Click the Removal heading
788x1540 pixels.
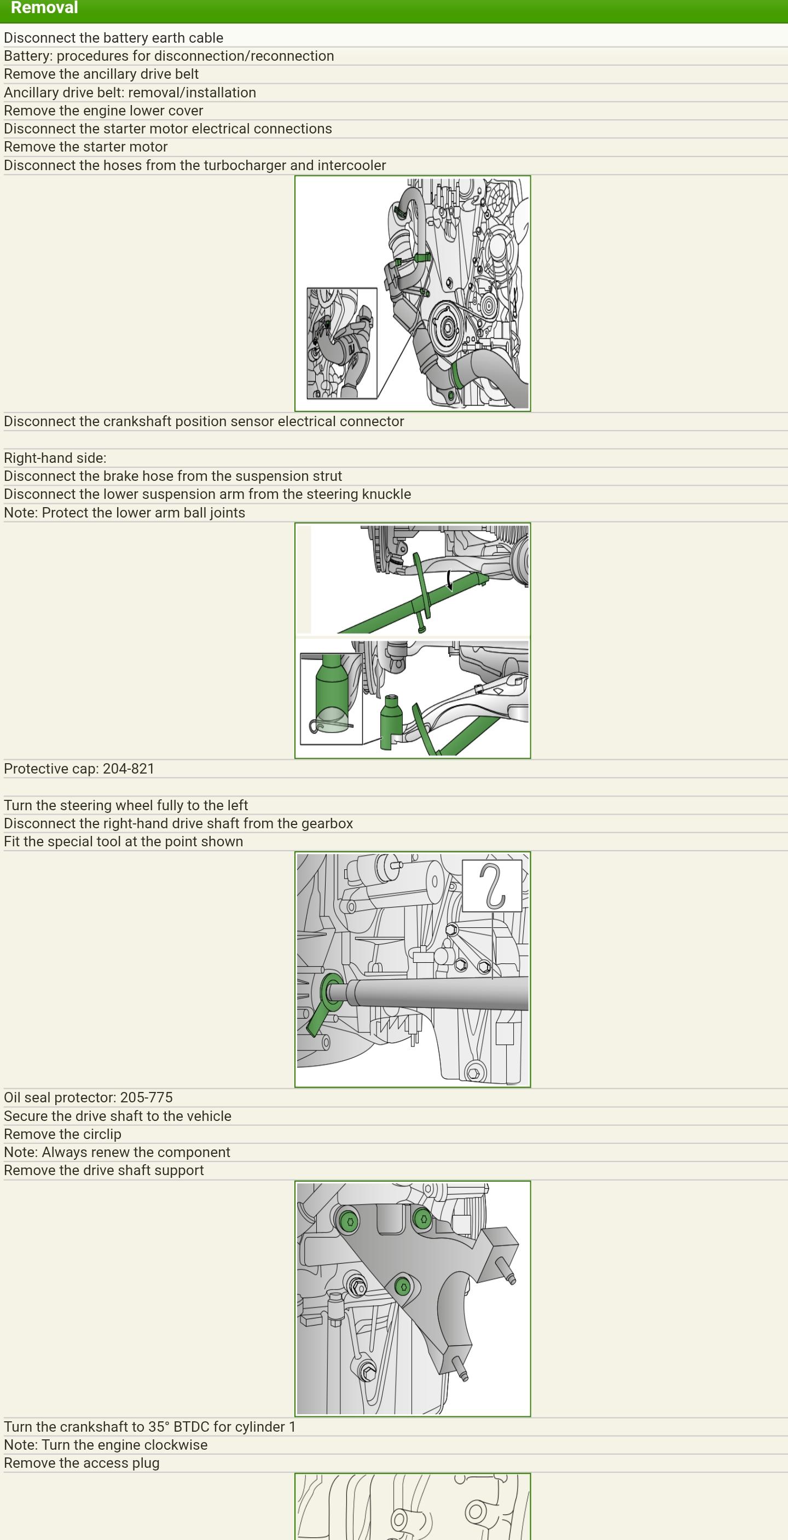(44, 8)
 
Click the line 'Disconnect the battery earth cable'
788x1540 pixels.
(114, 38)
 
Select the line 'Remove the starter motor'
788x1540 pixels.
(85, 147)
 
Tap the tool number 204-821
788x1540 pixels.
(129, 768)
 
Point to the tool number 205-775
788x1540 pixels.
(147, 1097)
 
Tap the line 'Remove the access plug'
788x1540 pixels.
(82, 1463)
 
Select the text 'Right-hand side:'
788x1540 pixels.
(55, 458)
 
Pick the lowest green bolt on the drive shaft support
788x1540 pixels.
(403, 1287)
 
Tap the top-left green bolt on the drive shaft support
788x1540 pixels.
(349, 1221)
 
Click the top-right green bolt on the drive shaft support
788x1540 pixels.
(422, 1218)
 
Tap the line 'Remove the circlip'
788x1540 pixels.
(63, 1134)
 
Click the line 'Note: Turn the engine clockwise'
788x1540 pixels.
(106, 1444)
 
